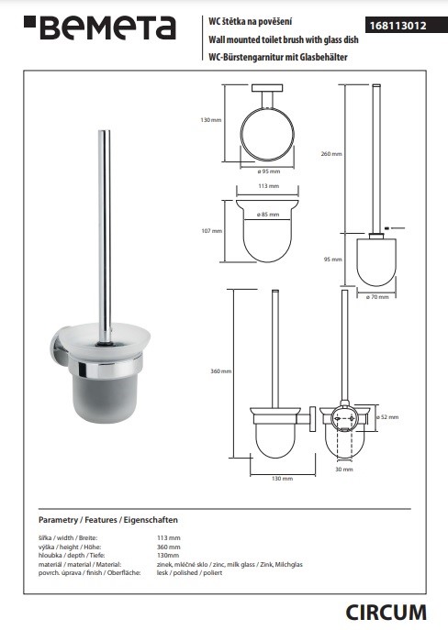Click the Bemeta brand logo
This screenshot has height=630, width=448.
coord(100,28)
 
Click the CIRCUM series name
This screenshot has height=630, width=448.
coord(386,613)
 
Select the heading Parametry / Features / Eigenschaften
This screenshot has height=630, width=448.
coord(108,520)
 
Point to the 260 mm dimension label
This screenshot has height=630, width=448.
coord(331,154)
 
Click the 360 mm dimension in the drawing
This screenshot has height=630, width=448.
coord(220,371)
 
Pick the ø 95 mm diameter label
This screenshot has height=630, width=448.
coord(269,171)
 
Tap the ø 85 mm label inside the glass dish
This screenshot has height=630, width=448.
coord(268,215)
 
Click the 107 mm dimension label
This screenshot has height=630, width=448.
coord(211,231)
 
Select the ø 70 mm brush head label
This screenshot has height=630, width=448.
coord(377,297)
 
